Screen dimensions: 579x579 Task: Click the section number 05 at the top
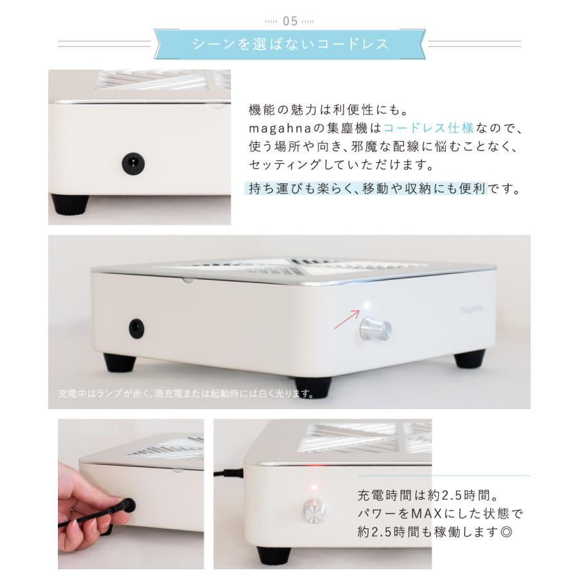289,21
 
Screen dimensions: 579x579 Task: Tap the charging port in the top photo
133,164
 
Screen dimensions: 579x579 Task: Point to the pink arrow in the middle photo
345,319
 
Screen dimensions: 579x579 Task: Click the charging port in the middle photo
136,329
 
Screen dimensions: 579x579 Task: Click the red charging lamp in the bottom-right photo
315,487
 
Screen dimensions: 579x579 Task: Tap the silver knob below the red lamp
314,511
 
